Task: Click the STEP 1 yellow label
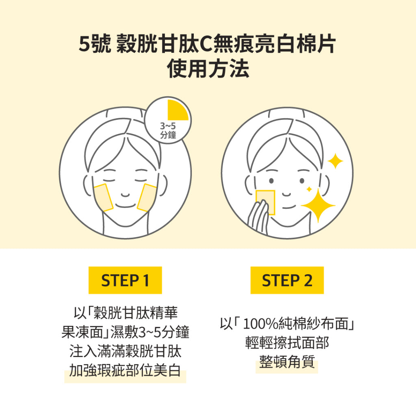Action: coord(125,280)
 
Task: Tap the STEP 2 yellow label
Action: coord(287,280)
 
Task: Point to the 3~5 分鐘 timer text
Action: coord(168,130)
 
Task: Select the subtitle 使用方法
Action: coord(208,69)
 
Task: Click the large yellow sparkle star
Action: coord(318,205)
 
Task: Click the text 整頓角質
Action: coord(287,362)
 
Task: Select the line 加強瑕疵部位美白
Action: coord(125,370)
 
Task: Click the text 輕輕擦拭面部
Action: coord(287,342)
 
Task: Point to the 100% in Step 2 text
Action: coord(260,324)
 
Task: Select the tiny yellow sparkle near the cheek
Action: coord(309,189)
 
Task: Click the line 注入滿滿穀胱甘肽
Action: coord(125,351)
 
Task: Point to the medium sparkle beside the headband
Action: coord(335,161)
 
